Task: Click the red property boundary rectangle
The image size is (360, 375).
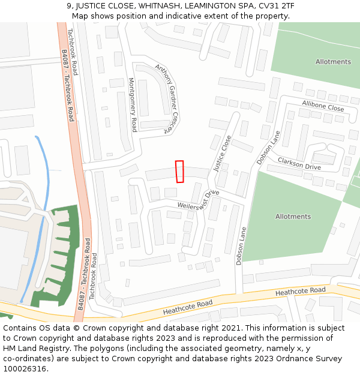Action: click(179, 172)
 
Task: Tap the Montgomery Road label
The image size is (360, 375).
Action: click(133, 104)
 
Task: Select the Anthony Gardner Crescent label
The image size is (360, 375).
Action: click(167, 90)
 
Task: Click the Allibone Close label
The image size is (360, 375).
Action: click(323, 107)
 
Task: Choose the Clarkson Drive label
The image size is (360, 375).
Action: click(299, 163)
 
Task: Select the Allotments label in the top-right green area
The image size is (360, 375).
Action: click(333, 62)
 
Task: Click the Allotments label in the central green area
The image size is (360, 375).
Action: click(293, 217)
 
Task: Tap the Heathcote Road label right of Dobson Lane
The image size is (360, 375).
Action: click(300, 292)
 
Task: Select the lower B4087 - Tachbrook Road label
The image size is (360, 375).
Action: click(83, 274)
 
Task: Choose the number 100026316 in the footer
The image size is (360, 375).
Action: click(25, 368)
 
